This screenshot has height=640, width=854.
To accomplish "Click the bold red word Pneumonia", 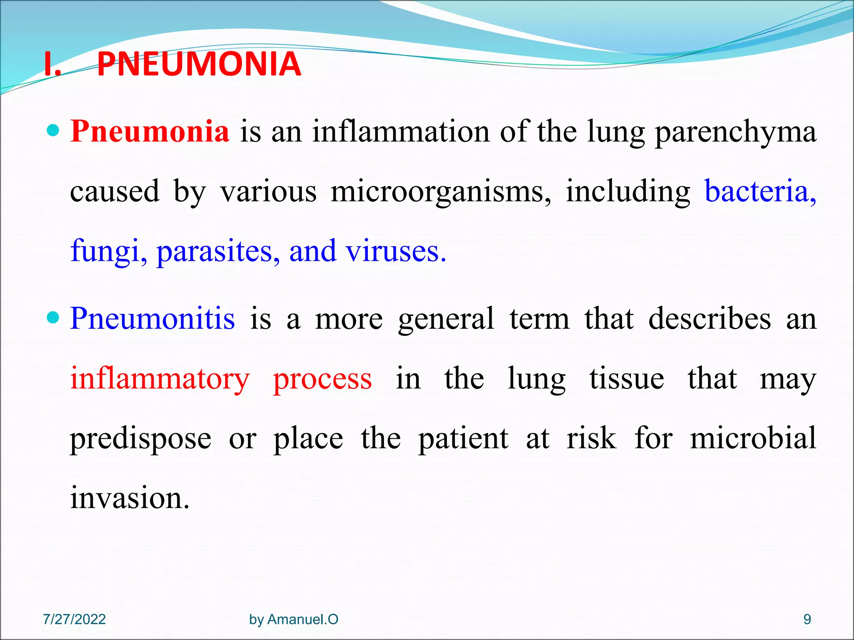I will tap(150, 131).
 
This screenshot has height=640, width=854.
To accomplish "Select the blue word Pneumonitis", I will tap(152, 318).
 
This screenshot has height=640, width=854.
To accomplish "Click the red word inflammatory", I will tap(160, 380).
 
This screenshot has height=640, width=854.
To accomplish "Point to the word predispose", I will tap(141, 440).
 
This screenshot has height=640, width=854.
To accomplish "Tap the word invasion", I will tap(130, 497).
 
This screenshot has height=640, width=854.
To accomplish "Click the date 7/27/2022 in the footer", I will tap(74, 620).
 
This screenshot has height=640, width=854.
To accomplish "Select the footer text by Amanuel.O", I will tap(294, 620).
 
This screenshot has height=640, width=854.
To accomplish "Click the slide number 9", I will tap(807, 620).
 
